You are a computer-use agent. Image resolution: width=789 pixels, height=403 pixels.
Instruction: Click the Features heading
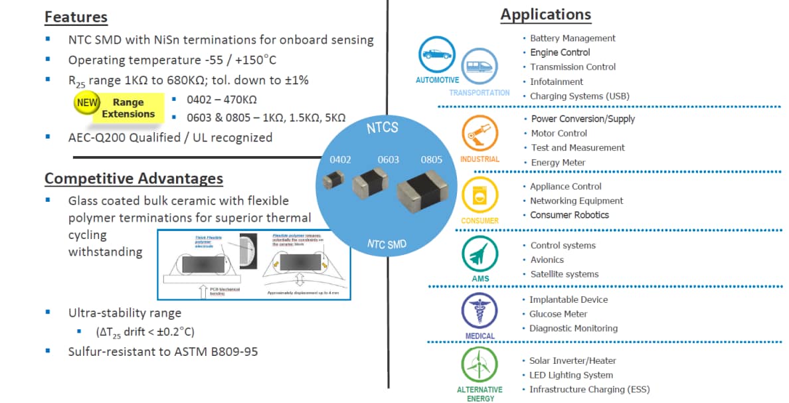(76, 17)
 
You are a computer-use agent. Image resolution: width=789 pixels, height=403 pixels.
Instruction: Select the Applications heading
(545, 15)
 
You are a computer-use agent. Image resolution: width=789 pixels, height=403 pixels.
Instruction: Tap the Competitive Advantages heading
(133, 179)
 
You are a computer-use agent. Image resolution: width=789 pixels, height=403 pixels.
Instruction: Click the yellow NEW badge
(87, 103)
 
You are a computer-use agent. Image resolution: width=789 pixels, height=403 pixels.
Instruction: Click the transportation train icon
(478, 66)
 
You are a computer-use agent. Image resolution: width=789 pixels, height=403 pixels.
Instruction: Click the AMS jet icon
(480, 255)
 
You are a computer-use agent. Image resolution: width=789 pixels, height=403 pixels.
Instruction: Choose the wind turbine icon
(479, 365)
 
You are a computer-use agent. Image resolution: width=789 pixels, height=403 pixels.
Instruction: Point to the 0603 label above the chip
(388, 160)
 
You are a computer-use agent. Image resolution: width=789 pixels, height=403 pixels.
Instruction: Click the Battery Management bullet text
(572, 39)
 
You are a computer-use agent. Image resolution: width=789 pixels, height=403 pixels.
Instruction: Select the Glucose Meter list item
(558, 314)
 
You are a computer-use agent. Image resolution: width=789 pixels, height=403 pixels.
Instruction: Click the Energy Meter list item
(558, 163)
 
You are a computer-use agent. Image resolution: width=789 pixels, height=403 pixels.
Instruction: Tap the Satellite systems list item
(564, 274)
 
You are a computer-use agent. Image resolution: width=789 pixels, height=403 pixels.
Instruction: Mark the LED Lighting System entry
(570, 375)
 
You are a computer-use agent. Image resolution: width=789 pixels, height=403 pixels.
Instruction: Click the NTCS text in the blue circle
(383, 127)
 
